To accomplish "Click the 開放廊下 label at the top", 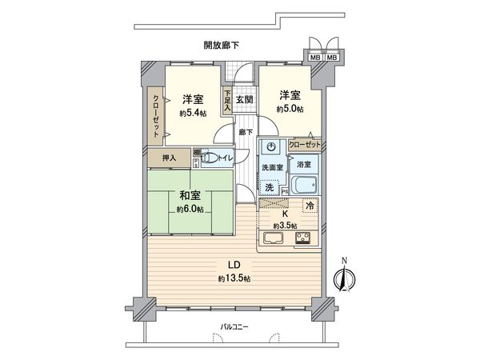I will [x=222, y=46].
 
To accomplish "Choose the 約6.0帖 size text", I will [x=190, y=210].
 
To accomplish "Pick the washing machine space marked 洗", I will [x=270, y=187].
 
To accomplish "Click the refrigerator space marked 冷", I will [x=309, y=206].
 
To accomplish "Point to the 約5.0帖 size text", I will [x=290, y=108].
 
